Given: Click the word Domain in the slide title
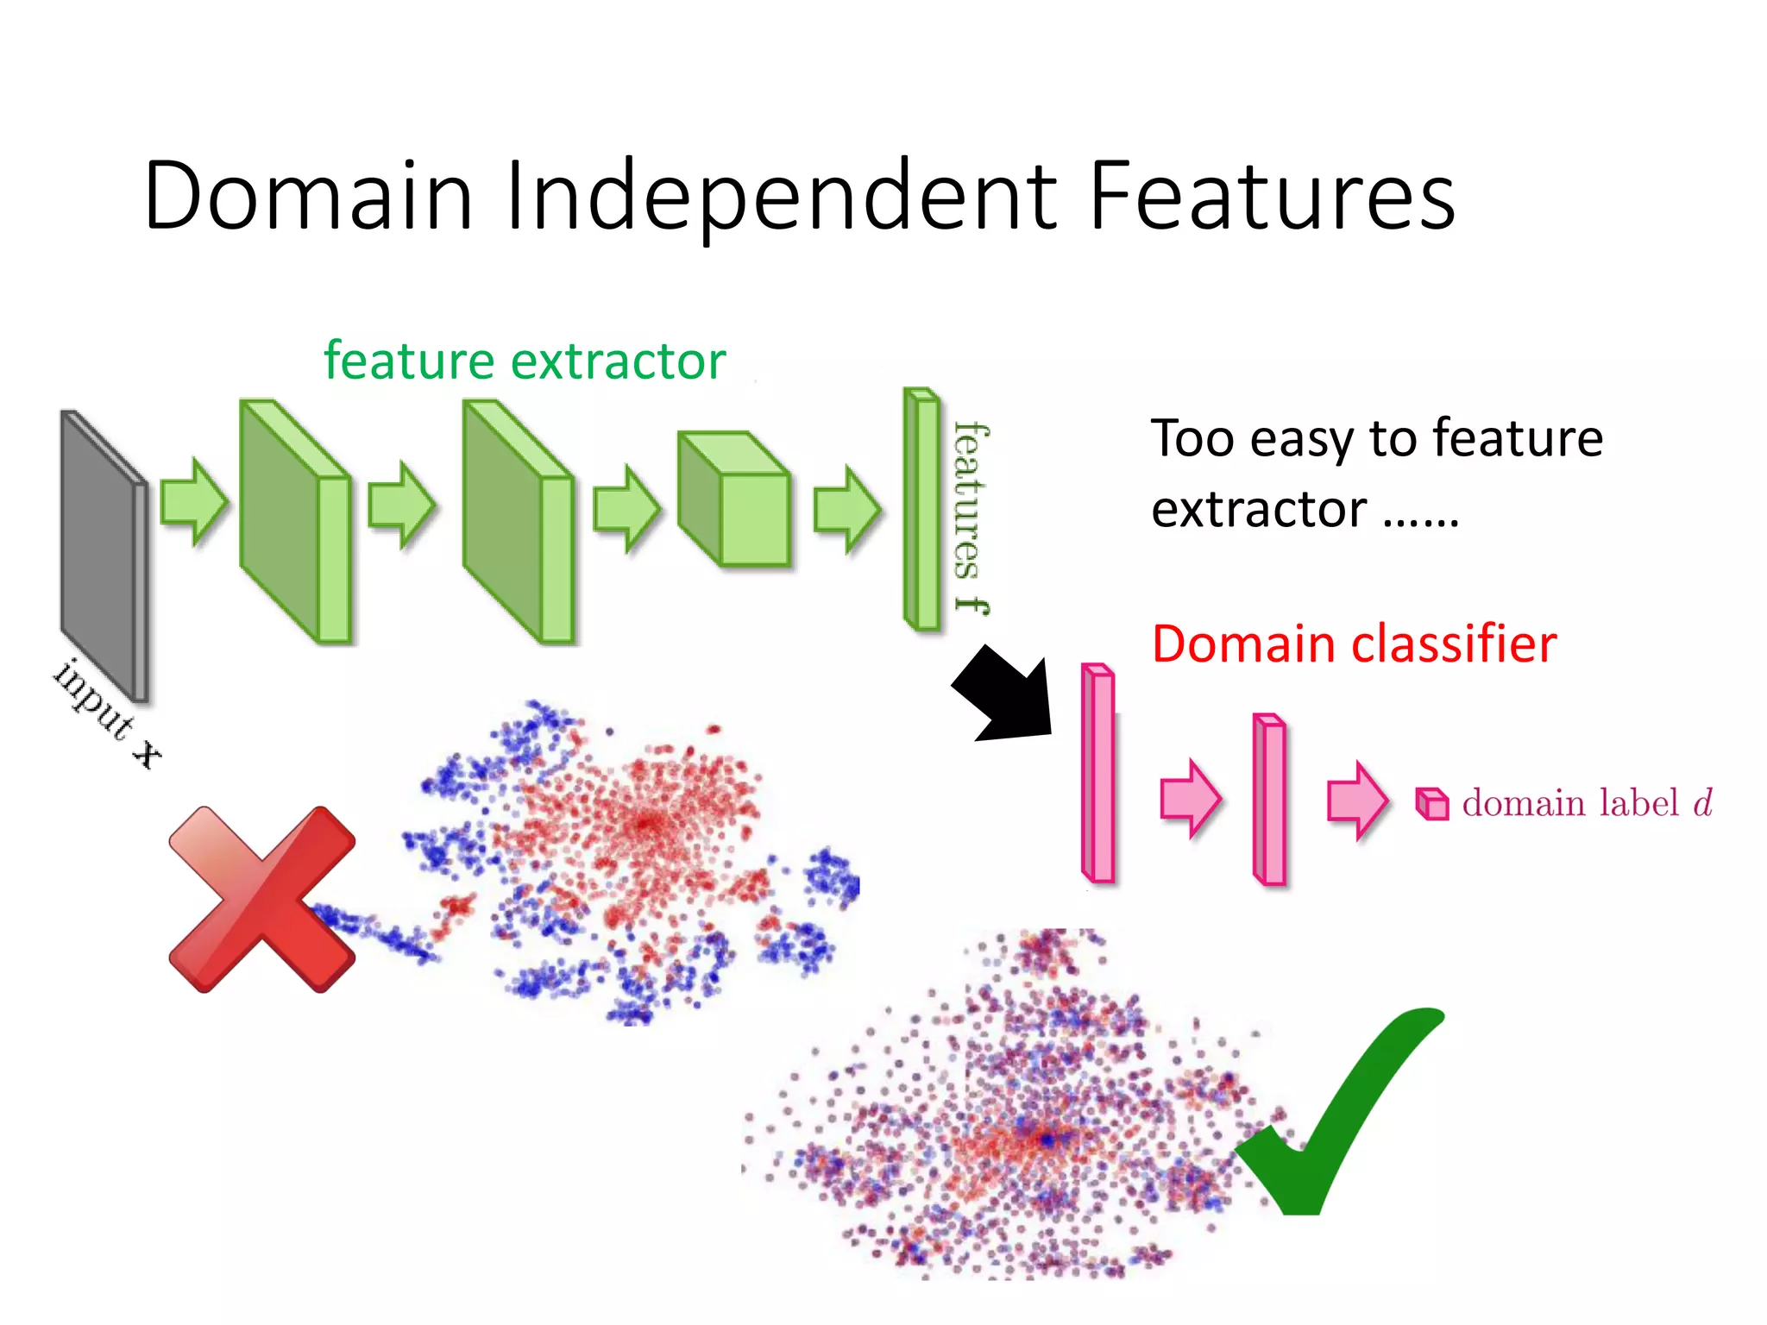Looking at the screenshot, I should pyautogui.click(x=308, y=197).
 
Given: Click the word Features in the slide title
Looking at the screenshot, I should pyautogui.click(x=1272, y=197).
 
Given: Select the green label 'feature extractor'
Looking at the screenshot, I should pyautogui.click(x=525, y=361).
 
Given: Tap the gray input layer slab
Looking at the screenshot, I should pyautogui.click(x=102, y=556).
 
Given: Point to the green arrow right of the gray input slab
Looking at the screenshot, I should pyautogui.click(x=194, y=502).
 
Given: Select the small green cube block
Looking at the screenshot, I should pyautogui.click(x=733, y=500).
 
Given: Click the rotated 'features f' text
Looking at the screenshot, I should pyautogui.click(x=971, y=518).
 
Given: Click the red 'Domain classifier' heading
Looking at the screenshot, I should pyautogui.click(x=1354, y=644).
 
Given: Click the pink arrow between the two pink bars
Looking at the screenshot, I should pyautogui.click(x=1190, y=799).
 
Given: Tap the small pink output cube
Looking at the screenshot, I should pyautogui.click(x=1432, y=804).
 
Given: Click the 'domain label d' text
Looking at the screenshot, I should pyautogui.click(x=1586, y=803).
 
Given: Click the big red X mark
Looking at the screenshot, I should pyautogui.click(x=262, y=900).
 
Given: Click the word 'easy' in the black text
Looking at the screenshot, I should pyautogui.click(x=1303, y=439).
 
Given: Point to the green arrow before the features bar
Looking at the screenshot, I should pyautogui.click(x=847, y=509).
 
